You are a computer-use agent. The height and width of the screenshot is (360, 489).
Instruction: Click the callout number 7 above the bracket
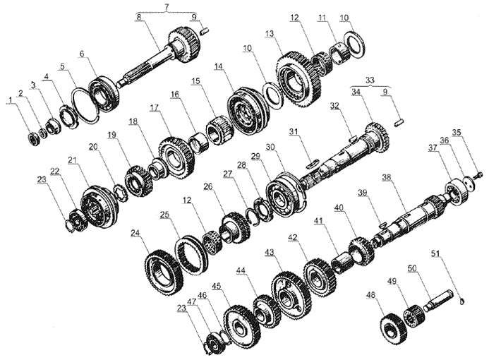pyautogui.click(x=167, y=6)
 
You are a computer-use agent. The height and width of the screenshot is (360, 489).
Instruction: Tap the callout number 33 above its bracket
pyautogui.click(x=370, y=80)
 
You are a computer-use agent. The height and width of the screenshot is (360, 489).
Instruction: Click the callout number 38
pyautogui.click(x=387, y=177)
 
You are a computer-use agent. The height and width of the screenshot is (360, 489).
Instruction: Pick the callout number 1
pyautogui.click(x=11, y=100)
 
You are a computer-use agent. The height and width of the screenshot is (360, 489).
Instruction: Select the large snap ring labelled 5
pyautogui.click(x=86, y=105)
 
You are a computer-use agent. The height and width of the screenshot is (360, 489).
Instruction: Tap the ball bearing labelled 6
pyautogui.click(x=102, y=92)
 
